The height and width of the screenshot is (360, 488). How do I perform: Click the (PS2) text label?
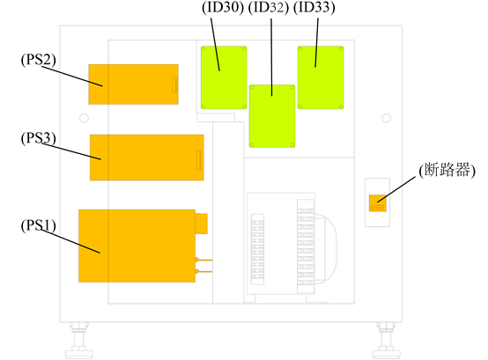(x=38, y=60)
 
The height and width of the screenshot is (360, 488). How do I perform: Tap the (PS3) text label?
(x=38, y=138)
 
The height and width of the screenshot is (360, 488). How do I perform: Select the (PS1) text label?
(x=38, y=225)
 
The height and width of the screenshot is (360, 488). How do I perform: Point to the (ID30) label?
(x=223, y=7)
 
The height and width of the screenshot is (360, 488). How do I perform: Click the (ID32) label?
(x=269, y=7)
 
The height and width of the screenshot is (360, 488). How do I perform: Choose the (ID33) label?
(x=314, y=7)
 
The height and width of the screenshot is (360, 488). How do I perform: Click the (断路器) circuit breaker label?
(x=447, y=171)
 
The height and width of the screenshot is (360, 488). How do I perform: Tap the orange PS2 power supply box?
(x=134, y=84)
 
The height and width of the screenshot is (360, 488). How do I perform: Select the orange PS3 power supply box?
(x=147, y=158)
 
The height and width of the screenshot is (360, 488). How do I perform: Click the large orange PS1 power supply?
(x=137, y=246)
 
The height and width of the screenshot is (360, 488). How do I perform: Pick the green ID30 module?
(x=224, y=77)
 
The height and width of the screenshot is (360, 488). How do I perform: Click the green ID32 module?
(x=272, y=116)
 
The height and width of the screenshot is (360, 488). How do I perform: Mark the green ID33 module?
(x=321, y=77)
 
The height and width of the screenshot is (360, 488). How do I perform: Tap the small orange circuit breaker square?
(x=378, y=203)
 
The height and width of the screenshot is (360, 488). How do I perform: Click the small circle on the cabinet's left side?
(x=84, y=118)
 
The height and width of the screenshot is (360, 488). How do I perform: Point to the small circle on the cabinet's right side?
(x=386, y=118)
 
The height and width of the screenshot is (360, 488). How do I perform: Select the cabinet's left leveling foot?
(x=79, y=341)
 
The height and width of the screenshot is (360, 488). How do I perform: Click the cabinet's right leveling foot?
(x=386, y=341)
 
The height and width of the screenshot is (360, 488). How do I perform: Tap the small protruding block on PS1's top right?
(x=202, y=224)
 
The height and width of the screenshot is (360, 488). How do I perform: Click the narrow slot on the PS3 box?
(x=198, y=160)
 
